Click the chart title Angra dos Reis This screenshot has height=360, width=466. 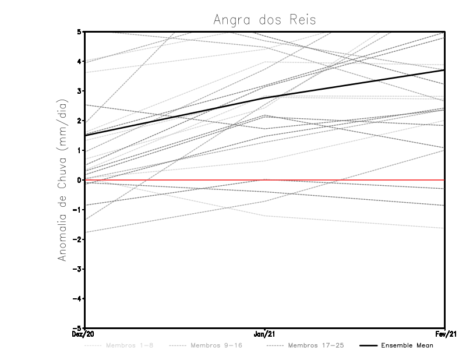[x=264, y=19]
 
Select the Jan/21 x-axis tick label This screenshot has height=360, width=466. [x=265, y=334]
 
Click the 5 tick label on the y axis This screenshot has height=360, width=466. [x=79, y=31]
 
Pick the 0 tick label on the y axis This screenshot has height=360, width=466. [x=79, y=180]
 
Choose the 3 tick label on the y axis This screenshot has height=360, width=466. [x=79, y=91]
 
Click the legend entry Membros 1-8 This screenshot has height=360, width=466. [x=130, y=345]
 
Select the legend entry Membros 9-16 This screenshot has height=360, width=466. [x=216, y=345]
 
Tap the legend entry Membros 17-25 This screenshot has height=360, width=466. [x=316, y=345]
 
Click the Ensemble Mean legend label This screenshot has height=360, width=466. [x=407, y=345]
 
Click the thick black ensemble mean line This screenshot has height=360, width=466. [x=175, y=117]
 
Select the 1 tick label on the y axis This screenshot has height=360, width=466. [x=79, y=150]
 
